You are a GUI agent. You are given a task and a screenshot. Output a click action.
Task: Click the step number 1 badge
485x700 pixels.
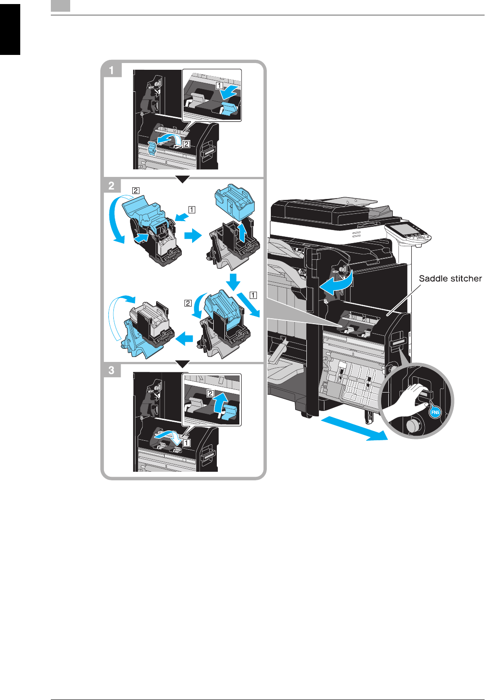point(112,70)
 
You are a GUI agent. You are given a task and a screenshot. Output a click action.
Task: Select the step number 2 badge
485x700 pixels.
point(112,185)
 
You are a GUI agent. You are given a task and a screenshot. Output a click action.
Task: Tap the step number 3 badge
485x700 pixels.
point(112,370)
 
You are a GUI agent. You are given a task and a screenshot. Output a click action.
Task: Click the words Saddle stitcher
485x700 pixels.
point(450,279)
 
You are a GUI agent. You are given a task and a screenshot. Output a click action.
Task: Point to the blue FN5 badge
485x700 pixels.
point(435,412)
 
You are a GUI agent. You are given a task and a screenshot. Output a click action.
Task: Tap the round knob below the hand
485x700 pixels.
point(412,425)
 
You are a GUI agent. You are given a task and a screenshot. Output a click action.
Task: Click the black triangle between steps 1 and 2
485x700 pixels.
point(182,179)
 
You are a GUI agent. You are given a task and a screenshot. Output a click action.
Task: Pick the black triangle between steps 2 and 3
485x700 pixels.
point(182,364)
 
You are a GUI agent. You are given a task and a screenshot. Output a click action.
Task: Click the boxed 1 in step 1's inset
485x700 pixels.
point(219,85)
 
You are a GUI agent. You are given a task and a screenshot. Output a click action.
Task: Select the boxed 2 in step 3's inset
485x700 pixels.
point(210,393)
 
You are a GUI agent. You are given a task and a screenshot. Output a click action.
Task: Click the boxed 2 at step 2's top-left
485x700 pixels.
point(135,190)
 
